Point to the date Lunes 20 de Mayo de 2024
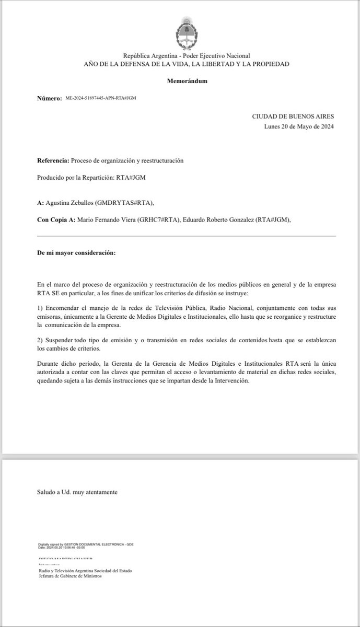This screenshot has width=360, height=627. tap(299, 126)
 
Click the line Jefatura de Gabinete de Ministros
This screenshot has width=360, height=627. tap(69, 576)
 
